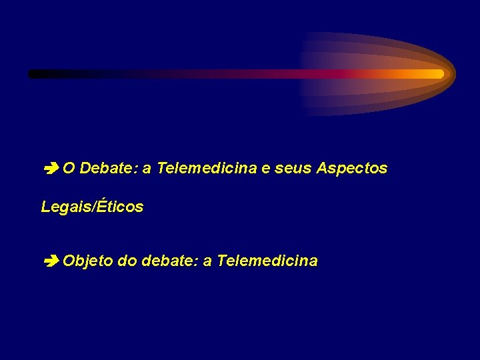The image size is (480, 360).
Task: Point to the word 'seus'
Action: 293,169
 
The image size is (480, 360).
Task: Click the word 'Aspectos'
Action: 352,169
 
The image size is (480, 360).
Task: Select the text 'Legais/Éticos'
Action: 92,207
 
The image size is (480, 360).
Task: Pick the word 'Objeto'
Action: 87,261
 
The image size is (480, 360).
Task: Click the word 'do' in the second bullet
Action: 126,261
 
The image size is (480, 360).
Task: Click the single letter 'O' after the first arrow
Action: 69,169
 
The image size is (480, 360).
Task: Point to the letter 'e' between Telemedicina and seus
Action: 266,169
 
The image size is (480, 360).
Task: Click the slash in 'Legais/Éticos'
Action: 95,207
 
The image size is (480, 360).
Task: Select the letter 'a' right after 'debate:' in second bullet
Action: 207,261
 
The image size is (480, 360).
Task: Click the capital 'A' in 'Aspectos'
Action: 323,169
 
